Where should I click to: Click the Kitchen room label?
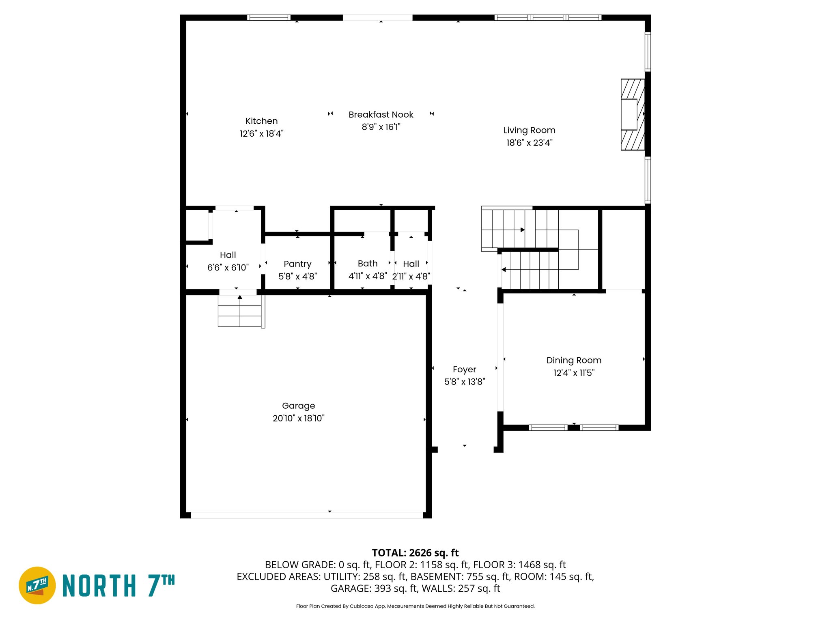pyautogui.click(x=261, y=121)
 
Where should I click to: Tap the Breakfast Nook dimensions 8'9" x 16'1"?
pyautogui.click(x=381, y=127)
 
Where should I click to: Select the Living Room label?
pyautogui.click(x=529, y=130)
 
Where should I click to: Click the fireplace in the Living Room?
pyautogui.click(x=632, y=114)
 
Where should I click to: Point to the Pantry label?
pyautogui.click(x=297, y=264)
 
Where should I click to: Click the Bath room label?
pyautogui.click(x=367, y=264)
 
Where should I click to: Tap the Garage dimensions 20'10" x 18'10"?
pyautogui.click(x=298, y=418)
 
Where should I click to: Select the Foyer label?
pyautogui.click(x=464, y=370)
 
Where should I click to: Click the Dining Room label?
pyautogui.click(x=573, y=360)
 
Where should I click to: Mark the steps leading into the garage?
pyautogui.click(x=240, y=311)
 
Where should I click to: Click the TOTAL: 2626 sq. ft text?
pyautogui.click(x=415, y=553)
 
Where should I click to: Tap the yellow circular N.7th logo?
pyautogui.click(x=37, y=585)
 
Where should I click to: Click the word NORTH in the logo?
pyautogui.click(x=99, y=586)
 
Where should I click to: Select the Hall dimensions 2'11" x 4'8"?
pyautogui.click(x=411, y=277)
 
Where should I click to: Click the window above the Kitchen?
pyautogui.click(x=269, y=17)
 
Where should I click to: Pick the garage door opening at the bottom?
pyautogui.click(x=307, y=515)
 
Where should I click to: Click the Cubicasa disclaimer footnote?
pyautogui.click(x=415, y=606)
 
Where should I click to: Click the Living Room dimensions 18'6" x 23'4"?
pyautogui.click(x=529, y=143)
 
